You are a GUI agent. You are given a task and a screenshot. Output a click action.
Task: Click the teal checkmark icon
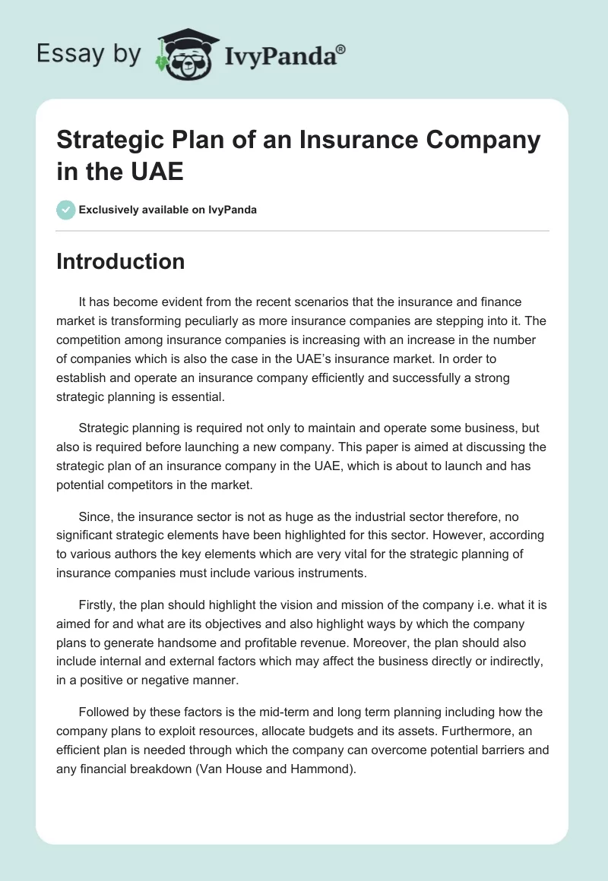tap(66, 210)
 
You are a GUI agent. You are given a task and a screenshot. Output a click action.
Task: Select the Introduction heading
tap(121, 261)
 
